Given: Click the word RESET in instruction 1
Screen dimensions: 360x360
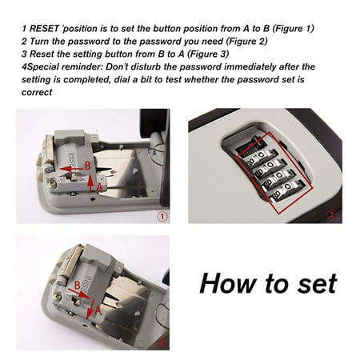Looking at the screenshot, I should [x=46, y=28].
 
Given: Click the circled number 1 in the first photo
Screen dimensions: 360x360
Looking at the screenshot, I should [x=162, y=214].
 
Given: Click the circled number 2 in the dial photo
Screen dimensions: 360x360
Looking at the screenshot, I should [x=332, y=214].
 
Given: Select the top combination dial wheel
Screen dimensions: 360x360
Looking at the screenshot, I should [x=249, y=150].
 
